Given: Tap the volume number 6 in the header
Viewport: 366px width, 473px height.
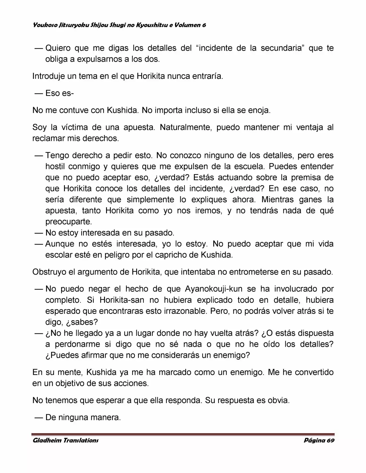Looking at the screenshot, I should pyautogui.click(x=204, y=25).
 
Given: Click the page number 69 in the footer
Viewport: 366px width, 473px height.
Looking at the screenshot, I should pyautogui.click(x=331, y=440).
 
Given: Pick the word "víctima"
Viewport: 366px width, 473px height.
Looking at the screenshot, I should pyautogui.click(x=72, y=127).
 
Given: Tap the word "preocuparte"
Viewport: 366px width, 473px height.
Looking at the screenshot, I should pyautogui.click(x=69, y=222).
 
